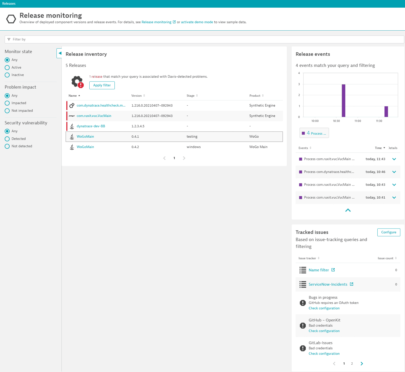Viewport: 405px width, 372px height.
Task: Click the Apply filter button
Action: coord(102,85)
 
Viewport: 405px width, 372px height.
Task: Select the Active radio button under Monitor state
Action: coord(7,68)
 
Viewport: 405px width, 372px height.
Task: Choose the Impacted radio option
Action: coord(7,103)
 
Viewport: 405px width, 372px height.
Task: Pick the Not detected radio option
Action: coord(7,146)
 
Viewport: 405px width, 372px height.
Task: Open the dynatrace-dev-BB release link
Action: coord(91,126)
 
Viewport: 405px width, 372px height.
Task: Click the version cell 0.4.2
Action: coord(135,147)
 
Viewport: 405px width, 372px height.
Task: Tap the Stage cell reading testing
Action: coord(192,136)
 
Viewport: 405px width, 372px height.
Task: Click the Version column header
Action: coord(136,96)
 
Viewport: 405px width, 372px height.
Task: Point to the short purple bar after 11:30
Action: coord(386,112)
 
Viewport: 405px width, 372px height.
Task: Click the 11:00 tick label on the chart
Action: coord(358,121)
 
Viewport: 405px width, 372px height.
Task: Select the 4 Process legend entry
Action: coord(314,133)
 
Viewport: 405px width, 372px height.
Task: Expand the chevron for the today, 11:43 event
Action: coord(394,159)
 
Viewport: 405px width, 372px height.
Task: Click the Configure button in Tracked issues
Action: coord(389,232)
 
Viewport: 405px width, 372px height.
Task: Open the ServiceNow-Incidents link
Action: coord(328,284)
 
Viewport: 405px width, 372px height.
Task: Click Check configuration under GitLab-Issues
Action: coord(324,354)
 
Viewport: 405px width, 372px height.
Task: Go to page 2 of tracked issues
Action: coord(352,364)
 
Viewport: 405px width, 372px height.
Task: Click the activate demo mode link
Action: coord(197,22)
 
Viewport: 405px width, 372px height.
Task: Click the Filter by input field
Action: coord(202,39)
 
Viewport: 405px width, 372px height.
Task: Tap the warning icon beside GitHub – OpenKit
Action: coord(302,325)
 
